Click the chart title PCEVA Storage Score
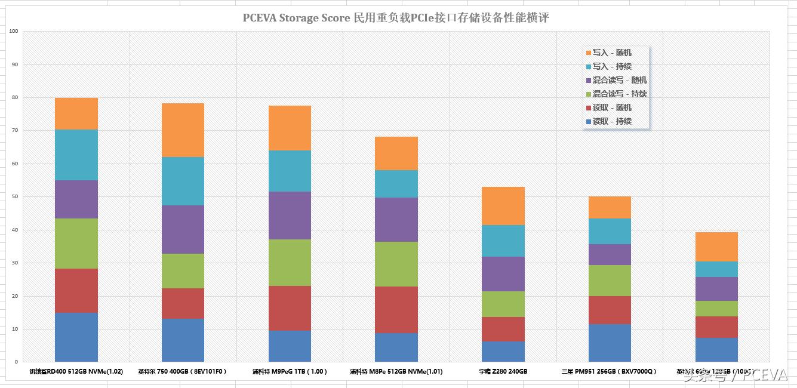click(395, 18)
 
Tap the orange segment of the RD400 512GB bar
click(76, 113)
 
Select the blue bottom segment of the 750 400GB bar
click(183, 340)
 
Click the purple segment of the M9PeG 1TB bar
click(290, 215)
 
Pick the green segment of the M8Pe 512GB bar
click(396, 264)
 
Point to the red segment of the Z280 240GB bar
click(503, 329)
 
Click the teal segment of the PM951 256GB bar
click(610, 231)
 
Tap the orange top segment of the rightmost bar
click(716, 247)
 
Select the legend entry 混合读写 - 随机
click(619, 81)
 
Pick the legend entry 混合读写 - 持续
click(619, 94)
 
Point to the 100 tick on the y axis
click(13, 31)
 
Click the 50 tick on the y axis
click(14, 196)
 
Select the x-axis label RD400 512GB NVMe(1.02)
click(76, 371)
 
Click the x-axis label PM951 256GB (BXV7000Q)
click(609, 371)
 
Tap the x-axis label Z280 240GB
click(503, 371)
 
